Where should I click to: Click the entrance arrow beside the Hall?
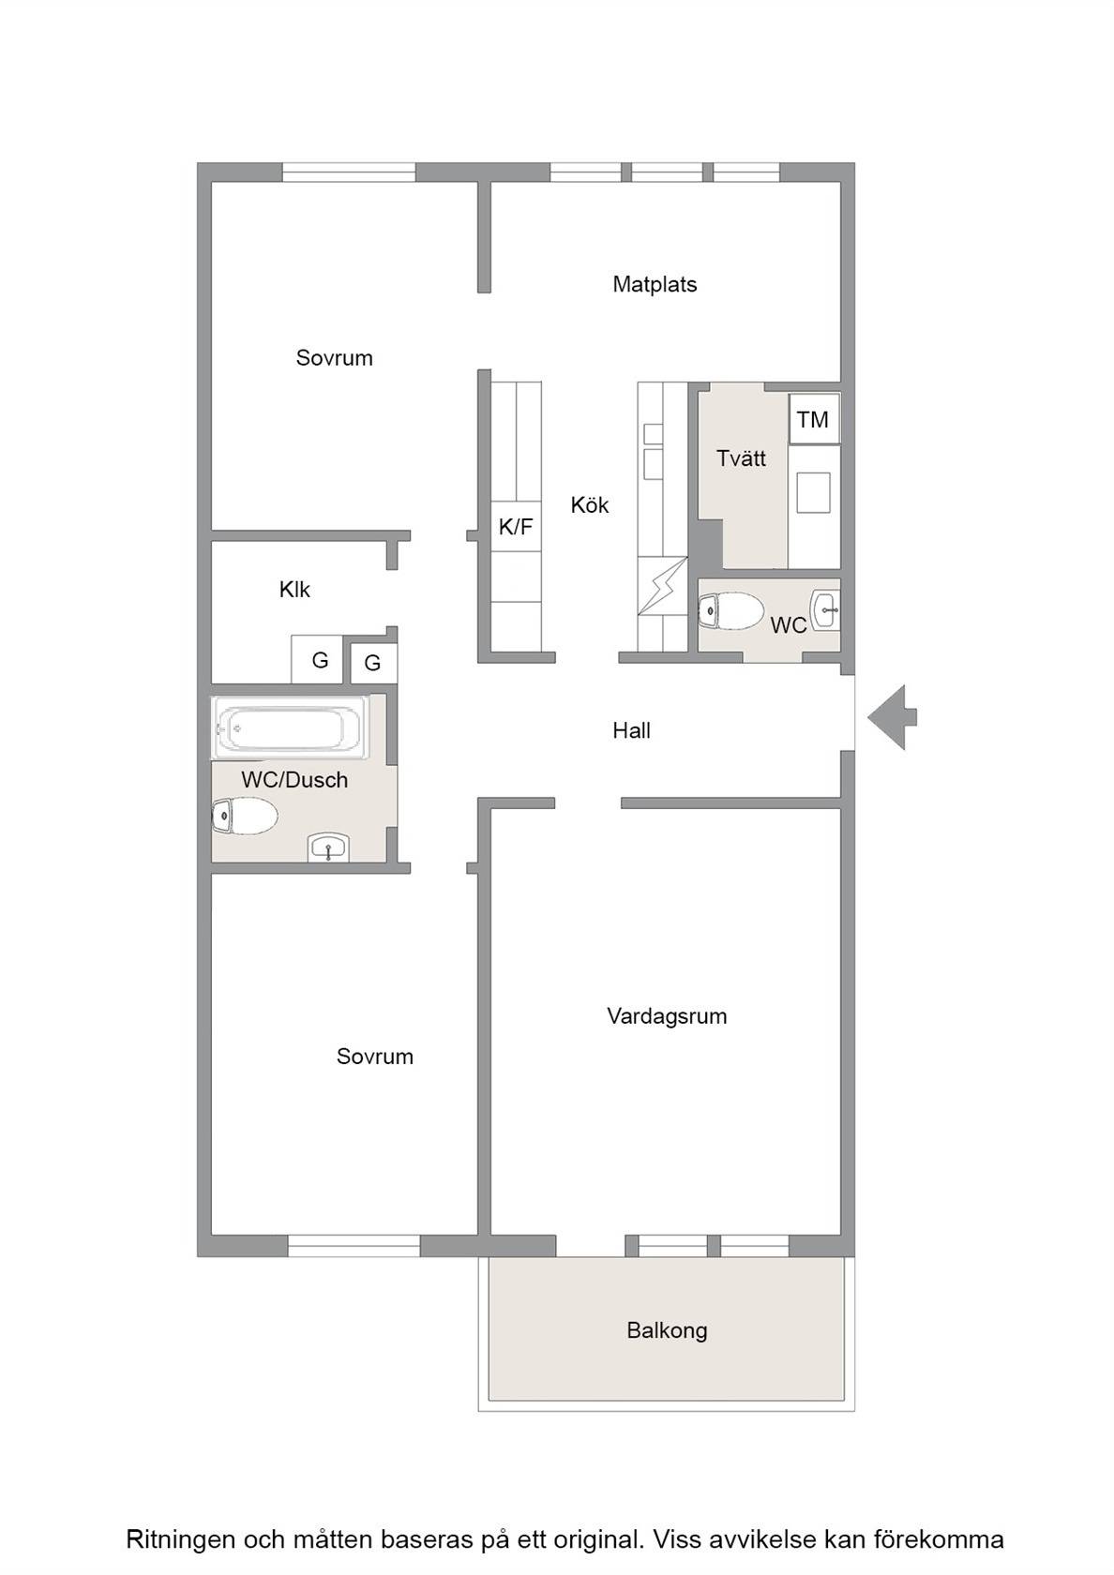[892, 717]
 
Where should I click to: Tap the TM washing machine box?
[814, 418]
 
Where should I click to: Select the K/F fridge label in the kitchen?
[516, 526]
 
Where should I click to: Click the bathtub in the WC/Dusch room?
[291, 727]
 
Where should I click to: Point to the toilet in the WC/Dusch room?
[245, 816]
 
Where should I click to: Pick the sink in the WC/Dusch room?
[328, 847]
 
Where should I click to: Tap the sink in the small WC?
[826, 609]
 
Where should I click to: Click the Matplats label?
[655, 284]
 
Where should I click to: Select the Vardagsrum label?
[667, 1016]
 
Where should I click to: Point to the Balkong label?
[667, 1330]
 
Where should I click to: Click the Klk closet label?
[294, 589]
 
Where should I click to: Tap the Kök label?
[589, 504]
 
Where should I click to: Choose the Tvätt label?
[741, 457]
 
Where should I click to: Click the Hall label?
[631, 730]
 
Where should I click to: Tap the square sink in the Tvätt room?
[813, 492]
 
